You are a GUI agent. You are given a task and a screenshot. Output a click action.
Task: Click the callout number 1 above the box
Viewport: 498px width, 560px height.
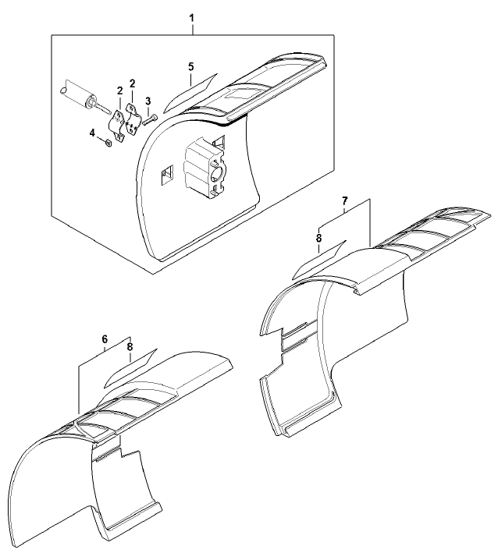pos(192,17)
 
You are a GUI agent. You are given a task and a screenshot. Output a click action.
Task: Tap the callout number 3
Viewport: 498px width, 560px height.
pos(148,101)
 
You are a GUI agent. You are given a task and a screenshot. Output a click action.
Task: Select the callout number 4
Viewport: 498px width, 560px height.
pos(93,133)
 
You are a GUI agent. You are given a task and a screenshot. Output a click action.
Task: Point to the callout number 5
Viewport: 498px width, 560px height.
pos(191,66)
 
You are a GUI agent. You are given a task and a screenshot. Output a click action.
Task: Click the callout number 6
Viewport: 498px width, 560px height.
pos(105,338)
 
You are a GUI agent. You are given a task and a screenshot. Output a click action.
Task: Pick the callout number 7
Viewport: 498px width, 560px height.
pos(345,200)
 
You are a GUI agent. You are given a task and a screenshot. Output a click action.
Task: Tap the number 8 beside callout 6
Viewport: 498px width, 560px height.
pos(130,346)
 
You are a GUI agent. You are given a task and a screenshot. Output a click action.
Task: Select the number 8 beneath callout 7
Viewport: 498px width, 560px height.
pos(319,238)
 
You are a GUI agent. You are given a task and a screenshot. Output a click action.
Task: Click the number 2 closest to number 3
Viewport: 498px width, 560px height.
pos(133,83)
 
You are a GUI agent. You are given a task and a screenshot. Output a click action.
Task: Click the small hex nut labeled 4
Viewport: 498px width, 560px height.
pos(108,143)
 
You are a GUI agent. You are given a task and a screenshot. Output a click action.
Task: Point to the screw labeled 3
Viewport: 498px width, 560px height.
pos(150,119)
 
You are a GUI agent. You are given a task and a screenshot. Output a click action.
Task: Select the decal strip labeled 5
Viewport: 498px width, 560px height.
pos(190,93)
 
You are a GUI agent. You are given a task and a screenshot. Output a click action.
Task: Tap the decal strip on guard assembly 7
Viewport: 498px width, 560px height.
pos(319,260)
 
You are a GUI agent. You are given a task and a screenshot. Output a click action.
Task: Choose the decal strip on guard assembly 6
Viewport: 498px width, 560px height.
pos(130,368)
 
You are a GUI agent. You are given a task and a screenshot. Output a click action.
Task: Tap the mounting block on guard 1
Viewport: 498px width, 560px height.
pos(203,173)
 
